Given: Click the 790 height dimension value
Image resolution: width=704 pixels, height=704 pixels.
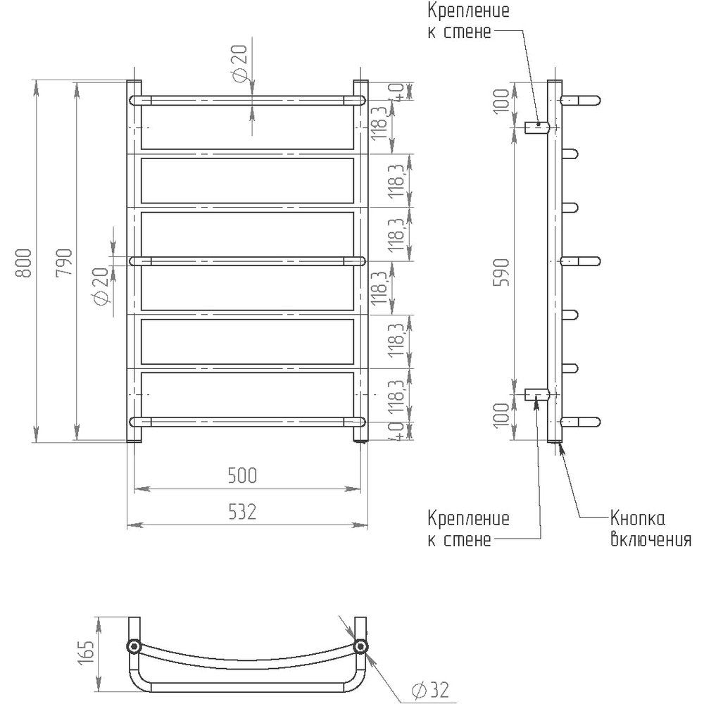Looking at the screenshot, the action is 65,263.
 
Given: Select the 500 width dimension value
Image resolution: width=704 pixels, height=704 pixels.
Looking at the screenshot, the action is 242,476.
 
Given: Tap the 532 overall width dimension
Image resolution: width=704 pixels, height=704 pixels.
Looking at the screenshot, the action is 242,512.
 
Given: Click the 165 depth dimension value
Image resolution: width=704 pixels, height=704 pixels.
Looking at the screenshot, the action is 88,653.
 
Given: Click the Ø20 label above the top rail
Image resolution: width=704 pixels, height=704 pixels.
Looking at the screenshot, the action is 240,63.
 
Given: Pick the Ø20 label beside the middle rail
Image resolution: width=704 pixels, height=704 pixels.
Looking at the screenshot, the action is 101,287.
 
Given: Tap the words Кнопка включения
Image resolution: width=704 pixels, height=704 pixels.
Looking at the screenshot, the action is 650,529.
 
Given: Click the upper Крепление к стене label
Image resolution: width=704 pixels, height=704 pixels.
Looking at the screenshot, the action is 468,21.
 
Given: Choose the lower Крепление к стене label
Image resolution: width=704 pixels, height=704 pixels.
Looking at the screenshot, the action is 468,529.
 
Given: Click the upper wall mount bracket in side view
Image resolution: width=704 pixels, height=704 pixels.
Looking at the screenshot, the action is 537,127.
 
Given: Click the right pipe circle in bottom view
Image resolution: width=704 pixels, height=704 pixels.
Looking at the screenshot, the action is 360,646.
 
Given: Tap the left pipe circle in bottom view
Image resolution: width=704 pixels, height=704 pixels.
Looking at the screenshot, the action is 133,646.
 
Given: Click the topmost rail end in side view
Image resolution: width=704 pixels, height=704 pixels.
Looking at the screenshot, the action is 580,100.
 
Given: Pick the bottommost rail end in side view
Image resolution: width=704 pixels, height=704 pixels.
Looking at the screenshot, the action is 580,421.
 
